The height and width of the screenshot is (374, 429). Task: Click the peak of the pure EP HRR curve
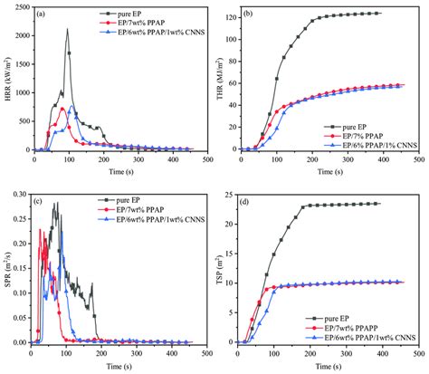[67, 30]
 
